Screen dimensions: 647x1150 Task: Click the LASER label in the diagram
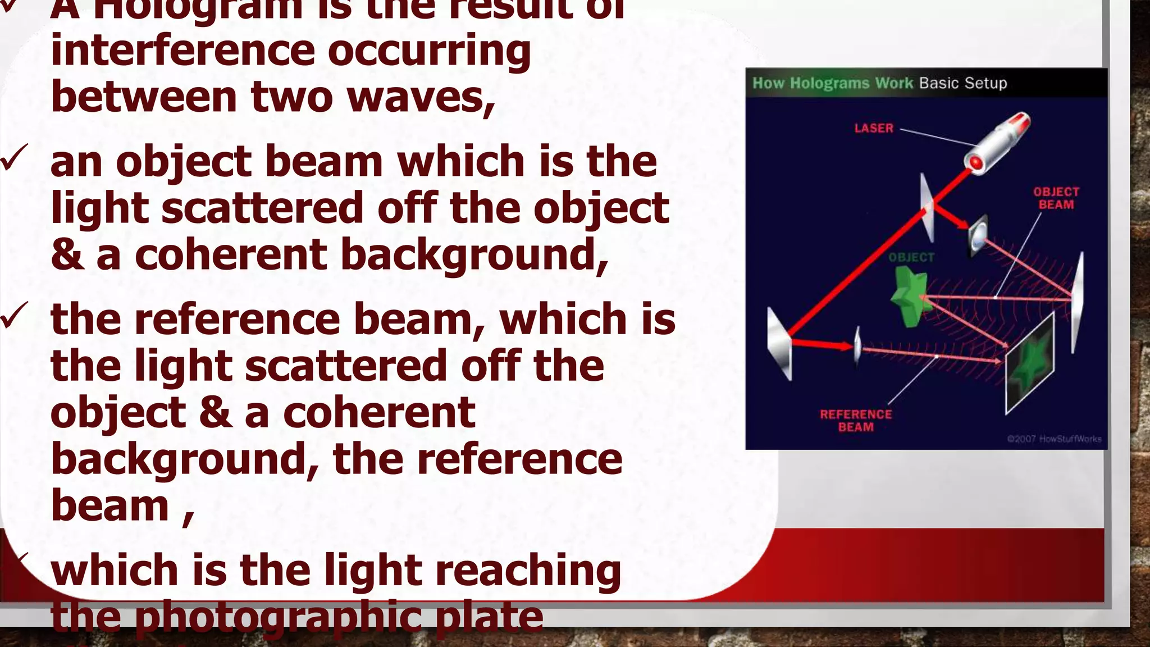pyautogui.click(x=873, y=128)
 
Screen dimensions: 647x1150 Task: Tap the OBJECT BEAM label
pyautogui.click(x=1056, y=198)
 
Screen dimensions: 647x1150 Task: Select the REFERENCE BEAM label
pyautogui.click(x=855, y=421)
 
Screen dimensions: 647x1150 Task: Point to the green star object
pyautogui.click(x=906, y=297)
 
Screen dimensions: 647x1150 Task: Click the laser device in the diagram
pyautogui.click(x=998, y=141)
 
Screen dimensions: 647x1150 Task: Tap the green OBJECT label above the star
pyautogui.click(x=911, y=257)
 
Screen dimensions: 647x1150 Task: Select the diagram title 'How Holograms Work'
pyautogui.click(x=832, y=83)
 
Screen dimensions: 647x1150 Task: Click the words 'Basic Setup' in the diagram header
pyautogui.click(x=963, y=83)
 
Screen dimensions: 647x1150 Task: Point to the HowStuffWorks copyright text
pyautogui.click(x=1054, y=439)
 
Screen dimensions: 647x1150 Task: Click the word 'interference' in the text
pyautogui.click(x=182, y=51)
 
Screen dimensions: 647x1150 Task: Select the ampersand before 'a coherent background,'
pyautogui.click(x=66, y=254)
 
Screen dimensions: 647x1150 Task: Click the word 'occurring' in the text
pyautogui.click(x=429, y=51)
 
